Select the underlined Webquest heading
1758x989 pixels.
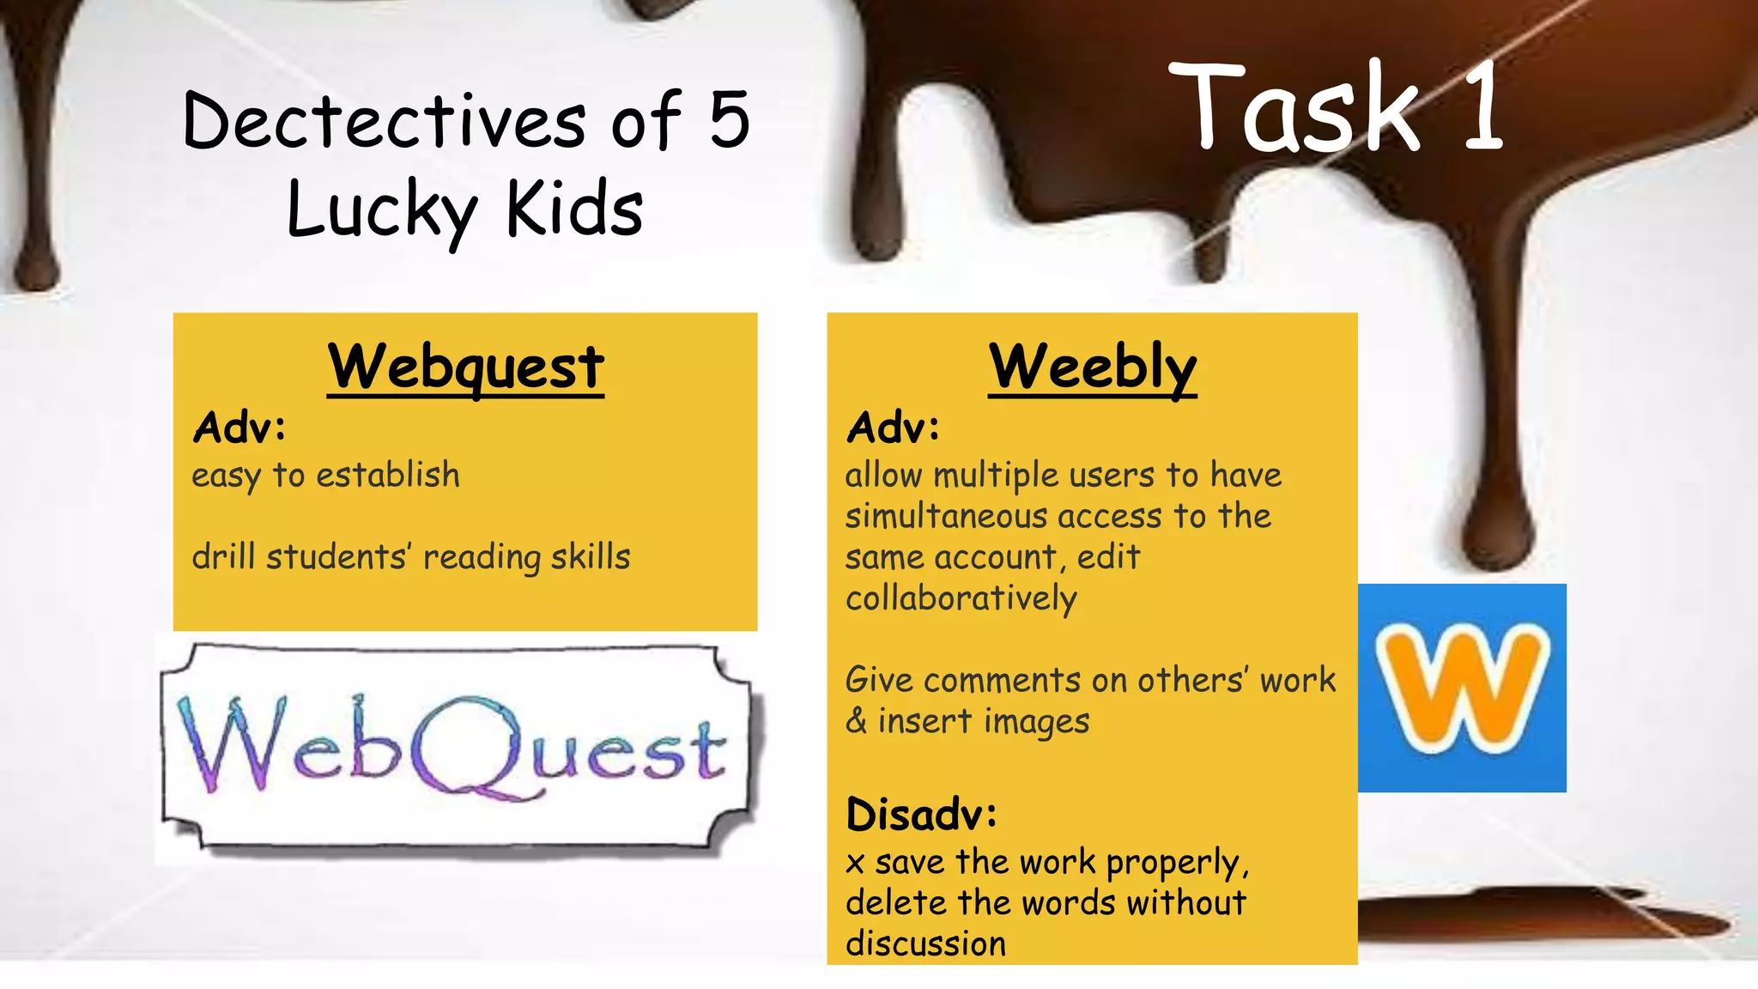pos(465,367)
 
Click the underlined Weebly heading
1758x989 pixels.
pos(1092,367)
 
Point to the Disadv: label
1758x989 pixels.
pos(921,814)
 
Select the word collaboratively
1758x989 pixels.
pos(961,598)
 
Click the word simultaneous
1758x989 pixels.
pos(946,516)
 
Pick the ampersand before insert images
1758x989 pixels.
pos(856,721)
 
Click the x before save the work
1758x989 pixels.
pos(854,863)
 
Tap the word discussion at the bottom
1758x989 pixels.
pos(925,943)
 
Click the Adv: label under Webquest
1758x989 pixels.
pos(239,427)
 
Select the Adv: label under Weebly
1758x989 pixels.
pos(893,427)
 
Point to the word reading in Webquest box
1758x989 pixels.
pos(482,557)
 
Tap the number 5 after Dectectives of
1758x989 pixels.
pos(730,121)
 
